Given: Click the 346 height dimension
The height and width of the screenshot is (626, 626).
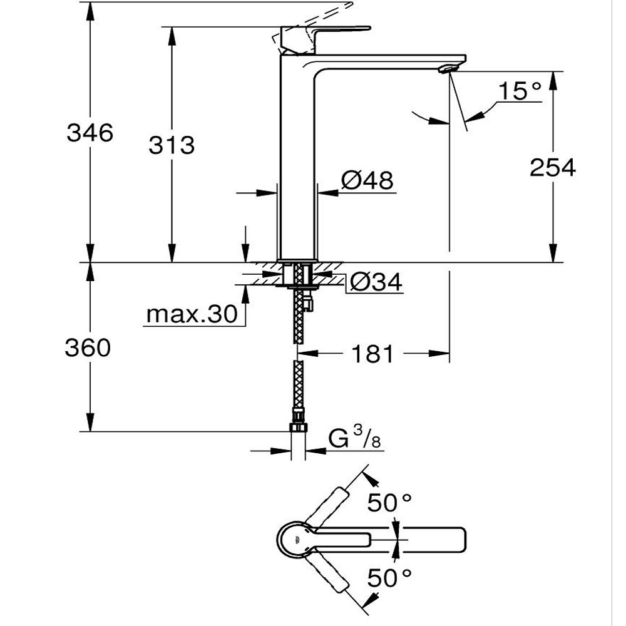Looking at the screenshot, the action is tap(90, 133).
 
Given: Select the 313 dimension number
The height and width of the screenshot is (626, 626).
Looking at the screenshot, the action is tap(172, 145).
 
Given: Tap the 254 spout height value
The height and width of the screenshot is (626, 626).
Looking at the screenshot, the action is tap(553, 167).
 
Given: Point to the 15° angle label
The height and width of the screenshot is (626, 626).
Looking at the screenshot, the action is tap(520, 91).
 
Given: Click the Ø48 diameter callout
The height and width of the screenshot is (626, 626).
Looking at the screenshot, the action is tap(367, 180).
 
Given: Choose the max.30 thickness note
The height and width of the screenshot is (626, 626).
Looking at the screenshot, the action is tap(192, 314).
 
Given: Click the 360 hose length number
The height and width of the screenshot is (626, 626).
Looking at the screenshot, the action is tap(88, 347).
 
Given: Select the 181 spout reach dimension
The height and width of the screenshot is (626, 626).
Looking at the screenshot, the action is tap(372, 354).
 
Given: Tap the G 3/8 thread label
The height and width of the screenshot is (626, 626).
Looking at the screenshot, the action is tap(354, 438).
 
